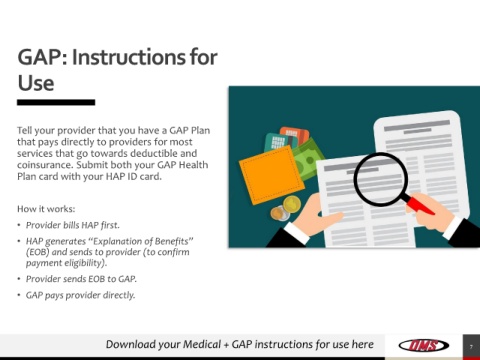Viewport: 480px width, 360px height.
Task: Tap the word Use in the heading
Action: [36, 83]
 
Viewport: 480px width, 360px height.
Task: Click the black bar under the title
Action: [56, 102]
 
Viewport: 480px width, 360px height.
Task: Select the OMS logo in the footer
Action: [424, 345]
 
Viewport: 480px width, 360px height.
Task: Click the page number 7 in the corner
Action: [471, 347]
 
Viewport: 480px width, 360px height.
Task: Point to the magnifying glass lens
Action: [381, 179]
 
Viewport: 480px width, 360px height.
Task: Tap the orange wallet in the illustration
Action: [272, 175]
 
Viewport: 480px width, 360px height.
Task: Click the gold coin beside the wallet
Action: [292, 204]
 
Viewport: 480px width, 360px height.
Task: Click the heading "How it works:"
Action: [46, 209]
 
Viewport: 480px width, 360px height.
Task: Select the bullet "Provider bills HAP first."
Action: [73, 225]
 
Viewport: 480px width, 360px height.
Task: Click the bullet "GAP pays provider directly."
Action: [80, 295]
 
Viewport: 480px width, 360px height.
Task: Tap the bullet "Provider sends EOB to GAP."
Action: [81, 279]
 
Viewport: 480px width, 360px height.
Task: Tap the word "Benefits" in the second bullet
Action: [172, 241]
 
